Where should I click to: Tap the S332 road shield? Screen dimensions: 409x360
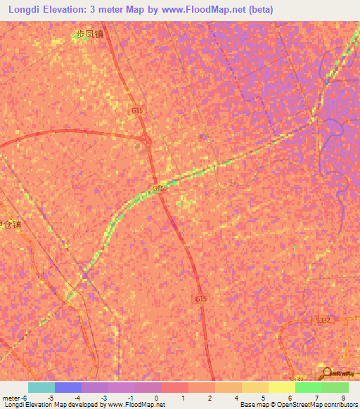(323, 320)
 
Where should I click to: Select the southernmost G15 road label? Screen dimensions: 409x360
(201, 299)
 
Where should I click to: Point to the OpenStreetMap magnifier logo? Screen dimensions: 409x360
(328, 372)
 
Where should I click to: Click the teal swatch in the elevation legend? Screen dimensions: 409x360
(41, 387)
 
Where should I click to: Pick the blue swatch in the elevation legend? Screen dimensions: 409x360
(68, 387)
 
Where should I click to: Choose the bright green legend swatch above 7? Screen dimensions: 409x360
(309, 387)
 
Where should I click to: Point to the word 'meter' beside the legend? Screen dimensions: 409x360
(12, 398)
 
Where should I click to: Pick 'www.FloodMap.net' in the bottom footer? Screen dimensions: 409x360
(138, 405)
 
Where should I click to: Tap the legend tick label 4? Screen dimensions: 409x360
(237, 398)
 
